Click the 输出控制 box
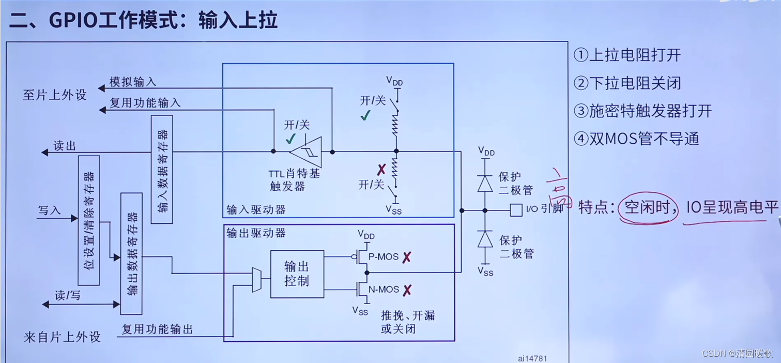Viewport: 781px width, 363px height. click(297, 274)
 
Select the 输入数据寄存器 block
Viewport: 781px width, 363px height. click(162, 169)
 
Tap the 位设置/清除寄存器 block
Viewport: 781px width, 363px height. click(89, 220)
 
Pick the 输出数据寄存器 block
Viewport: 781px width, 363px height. click(131, 253)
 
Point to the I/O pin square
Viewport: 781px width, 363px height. click(516, 210)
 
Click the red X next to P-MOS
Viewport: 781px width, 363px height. click(407, 257)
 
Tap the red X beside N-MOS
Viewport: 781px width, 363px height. click(407, 290)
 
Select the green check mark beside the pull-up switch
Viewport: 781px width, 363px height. click(365, 116)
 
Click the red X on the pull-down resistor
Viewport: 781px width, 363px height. click(381, 169)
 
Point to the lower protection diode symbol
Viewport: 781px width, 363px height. click(485, 239)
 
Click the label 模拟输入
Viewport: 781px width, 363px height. click(133, 82)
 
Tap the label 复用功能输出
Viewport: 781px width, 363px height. click(157, 329)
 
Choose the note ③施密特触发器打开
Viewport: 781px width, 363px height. click(642, 111)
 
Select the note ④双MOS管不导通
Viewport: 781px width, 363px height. click(636, 139)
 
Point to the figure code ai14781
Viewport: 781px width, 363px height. click(532, 358)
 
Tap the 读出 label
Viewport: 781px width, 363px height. click(65, 146)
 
